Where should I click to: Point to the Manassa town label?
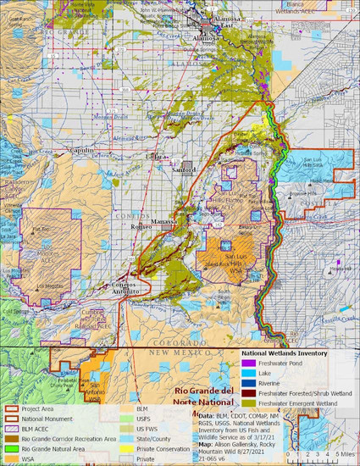165,219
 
